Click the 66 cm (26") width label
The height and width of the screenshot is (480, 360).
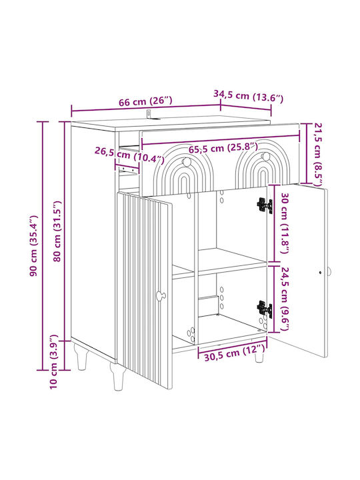pyautogui.click(x=145, y=101)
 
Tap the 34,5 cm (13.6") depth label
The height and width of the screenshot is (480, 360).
pyautogui.click(x=248, y=96)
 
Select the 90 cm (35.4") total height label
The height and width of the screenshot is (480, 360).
pyautogui.click(x=33, y=246)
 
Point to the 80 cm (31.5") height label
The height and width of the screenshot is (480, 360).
pyautogui.click(x=57, y=231)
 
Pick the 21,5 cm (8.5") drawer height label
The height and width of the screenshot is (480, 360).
pyautogui.click(x=317, y=155)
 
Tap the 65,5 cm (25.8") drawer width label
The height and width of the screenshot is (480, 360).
pyautogui.click(x=223, y=149)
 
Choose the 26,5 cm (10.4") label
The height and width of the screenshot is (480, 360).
pyautogui.click(x=129, y=154)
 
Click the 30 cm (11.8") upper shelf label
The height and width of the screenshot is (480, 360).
pyautogui.click(x=284, y=223)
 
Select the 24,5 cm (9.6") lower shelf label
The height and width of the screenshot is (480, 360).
pyautogui.click(x=285, y=299)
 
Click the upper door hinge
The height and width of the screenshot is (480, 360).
pyautogui.click(x=265, y=205)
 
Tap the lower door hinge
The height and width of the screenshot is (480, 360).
pyautogui.click(x=265, y=309)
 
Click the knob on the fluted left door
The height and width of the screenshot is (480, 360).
pyautogui.click(x=161, y=295)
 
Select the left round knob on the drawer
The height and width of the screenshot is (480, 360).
pyautogui.click(x=186, y=161)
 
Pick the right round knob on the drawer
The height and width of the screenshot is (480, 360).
pyautogui.click(x=265, y=156)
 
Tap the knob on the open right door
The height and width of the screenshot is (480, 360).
pyautogui.click(x=329, y=271)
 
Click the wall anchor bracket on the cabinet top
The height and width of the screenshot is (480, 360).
pyautogui.click(x=150, y=115)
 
